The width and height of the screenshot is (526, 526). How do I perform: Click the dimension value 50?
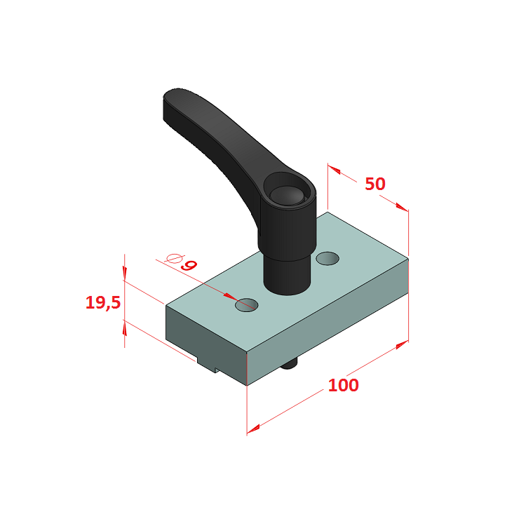click(375, 184)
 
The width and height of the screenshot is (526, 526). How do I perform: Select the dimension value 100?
click(343, 385)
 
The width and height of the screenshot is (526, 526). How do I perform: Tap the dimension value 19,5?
click(103, 302)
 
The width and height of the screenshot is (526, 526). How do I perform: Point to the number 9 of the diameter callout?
click(189, 265)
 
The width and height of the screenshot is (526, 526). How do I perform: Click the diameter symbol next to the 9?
click(174, 259)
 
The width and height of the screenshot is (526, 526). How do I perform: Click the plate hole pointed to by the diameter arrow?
click(247, 305)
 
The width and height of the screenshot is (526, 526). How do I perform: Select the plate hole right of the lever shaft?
click(328, 258)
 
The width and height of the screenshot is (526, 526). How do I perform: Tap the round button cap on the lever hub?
click(286, 195)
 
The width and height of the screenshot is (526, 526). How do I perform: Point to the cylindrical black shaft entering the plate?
click(286, 275)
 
